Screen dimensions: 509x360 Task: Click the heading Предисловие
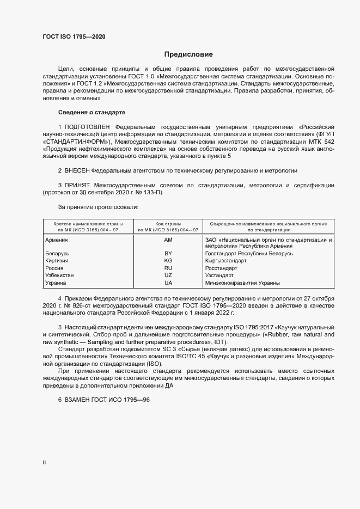coord(188,54)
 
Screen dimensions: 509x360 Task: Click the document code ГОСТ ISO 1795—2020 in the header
coord(74,36)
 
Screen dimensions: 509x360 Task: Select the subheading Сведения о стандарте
coord(91,112)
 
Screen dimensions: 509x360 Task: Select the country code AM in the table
coord(168,240)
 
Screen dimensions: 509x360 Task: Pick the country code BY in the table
coord(168,254)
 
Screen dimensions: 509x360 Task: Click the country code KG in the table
coord(168,261)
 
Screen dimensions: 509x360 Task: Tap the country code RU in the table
coord(168,268)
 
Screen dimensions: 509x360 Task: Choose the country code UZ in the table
coord(168,275)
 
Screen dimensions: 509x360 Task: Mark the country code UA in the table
coord(168,283)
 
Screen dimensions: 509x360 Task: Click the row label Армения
coord(57,240)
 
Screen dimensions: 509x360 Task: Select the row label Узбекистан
coord(60,275)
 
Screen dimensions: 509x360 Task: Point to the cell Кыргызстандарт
coord(225,261)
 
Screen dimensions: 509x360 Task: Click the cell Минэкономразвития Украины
coord(242,283)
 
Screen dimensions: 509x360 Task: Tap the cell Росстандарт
coord(221,268)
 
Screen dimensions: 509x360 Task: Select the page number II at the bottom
coord(44,463)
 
